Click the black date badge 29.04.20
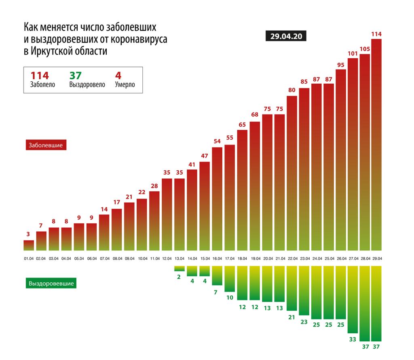click(x=286, y=36)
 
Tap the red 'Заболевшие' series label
click(x=46, y=145)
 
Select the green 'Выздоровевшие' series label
click(x=51, y=284)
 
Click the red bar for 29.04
click(x=376, y=146)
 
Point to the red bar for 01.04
click(x=29, y=246)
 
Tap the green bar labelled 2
click(x=180, y=268)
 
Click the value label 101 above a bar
click(x=353, y=53)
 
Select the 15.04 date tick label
click(x=205, y=258)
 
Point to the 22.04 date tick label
click(x=292, y=258)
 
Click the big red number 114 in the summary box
click(x=40, y=76)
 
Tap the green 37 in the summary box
click(x=76, y=76)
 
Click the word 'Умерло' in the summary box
click(x=125, y=85)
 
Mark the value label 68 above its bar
click(x=255, y=114)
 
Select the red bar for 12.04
click(x=167, y=214)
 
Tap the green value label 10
click(x=230, y=297)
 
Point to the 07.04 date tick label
click(x=104, y=258)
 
